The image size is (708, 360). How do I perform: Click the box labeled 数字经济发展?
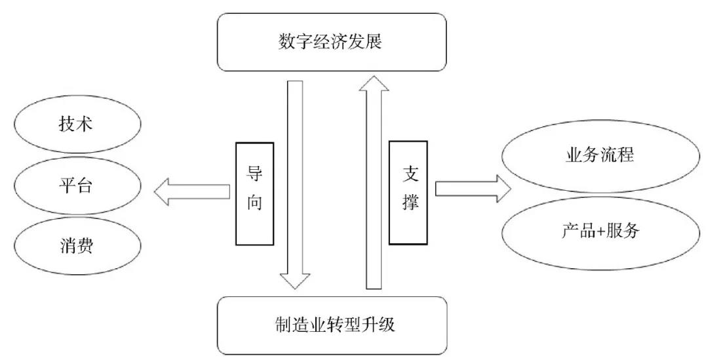[331, 42]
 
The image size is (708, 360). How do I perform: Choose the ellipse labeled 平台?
[76, 186]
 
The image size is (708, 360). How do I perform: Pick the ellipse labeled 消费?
[76, 246]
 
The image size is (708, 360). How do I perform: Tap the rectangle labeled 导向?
[254, 193]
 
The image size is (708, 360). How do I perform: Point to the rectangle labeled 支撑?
[408, 191]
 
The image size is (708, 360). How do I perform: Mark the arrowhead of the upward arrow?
[374, 85]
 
